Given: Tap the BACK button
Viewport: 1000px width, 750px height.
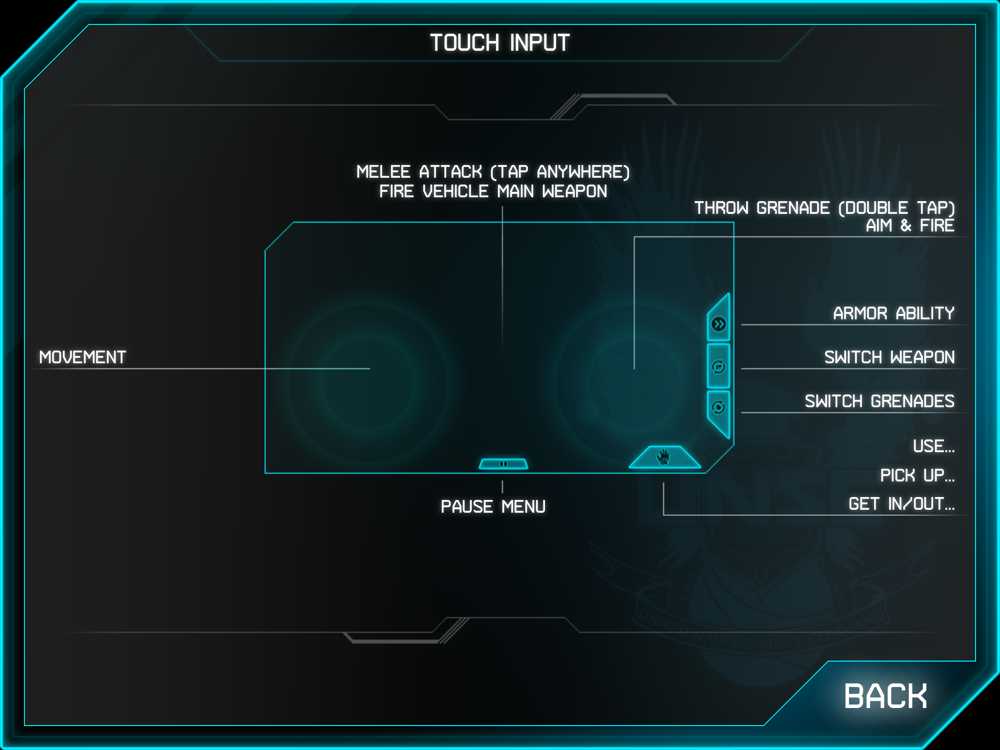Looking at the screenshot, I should [885, 696].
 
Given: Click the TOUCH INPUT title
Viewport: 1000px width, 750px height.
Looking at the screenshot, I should [500, 43].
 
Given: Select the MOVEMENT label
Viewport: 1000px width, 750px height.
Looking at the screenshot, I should [83, 357].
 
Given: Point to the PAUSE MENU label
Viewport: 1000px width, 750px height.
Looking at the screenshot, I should [493, 507].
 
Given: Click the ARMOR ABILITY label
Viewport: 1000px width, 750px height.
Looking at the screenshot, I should [893, 313].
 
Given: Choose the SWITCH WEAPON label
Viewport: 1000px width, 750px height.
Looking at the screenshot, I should [889, 357].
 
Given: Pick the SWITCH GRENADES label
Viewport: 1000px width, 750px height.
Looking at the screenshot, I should [879, 401].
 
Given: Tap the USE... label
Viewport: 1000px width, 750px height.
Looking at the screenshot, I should [933, 446].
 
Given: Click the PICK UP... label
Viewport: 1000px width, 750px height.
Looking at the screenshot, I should [917, 476].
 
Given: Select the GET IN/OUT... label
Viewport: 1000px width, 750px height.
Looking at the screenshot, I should [901, 504].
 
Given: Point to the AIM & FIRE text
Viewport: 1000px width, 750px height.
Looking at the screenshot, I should [909, 226].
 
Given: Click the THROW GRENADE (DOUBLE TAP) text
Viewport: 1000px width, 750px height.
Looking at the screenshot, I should [824, 208].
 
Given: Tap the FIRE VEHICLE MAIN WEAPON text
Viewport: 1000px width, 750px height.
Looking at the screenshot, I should [493, 191].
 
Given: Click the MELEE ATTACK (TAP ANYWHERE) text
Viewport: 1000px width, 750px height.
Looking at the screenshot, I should [493, 172].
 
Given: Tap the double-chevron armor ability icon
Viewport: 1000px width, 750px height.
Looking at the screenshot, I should [719, 324].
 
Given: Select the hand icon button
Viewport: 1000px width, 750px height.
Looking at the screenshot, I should [664, 458].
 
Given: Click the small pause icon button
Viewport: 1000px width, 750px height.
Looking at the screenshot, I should [503, 464].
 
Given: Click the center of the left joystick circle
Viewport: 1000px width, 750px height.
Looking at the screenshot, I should [370, 382].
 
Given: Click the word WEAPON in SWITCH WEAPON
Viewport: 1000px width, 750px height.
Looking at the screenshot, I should [922, 357].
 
